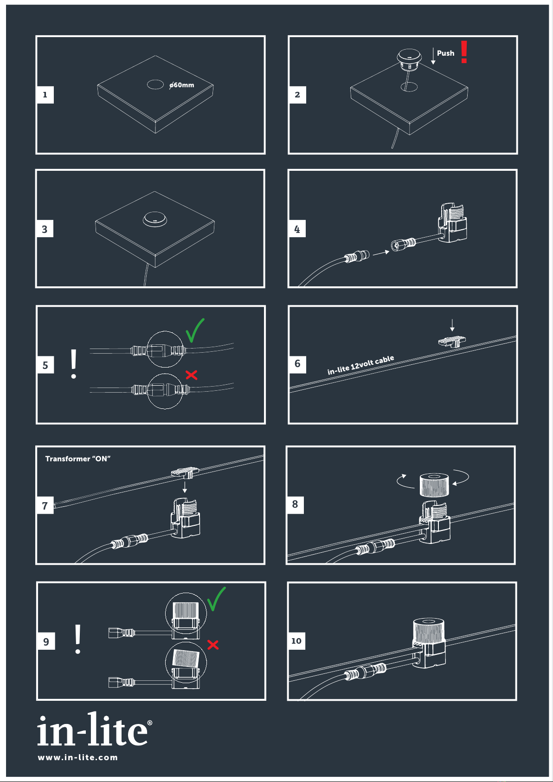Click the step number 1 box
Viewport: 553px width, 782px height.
pos(45,95)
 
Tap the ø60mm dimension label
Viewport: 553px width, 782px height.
pos(181,85)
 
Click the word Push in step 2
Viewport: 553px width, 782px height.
pos(445,53)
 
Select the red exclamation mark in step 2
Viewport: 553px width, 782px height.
pos(463,52)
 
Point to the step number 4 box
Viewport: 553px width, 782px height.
pos(297,229)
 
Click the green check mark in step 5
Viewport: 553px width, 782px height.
pos(195,330)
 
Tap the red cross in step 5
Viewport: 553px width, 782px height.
pos(191,375)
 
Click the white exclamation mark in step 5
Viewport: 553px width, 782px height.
pos(73,363)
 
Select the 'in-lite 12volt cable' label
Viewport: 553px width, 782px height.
pos(360,365)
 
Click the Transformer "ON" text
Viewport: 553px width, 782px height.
pos(78,459)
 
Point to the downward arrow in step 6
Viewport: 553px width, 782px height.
pos(452,325)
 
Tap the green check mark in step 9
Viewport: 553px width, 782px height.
pos(216,599)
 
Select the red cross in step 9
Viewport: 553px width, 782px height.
pos(213,645)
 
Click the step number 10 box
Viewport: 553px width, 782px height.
pos(296,641)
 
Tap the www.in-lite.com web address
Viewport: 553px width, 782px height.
pos(78,757)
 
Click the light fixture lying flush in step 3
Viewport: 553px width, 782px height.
pos(155,219)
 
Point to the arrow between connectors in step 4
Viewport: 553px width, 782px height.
pos(381,253)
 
